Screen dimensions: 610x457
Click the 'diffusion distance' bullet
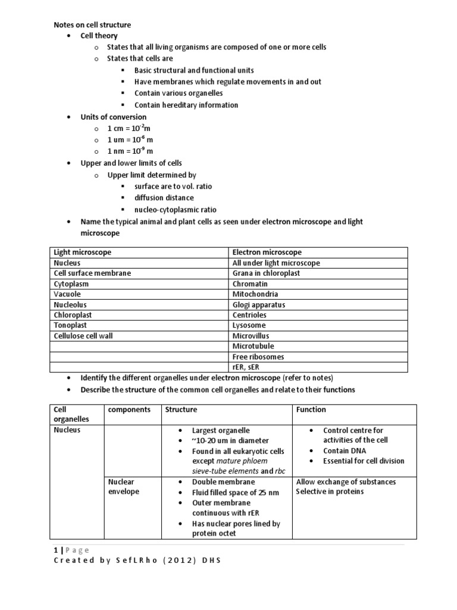[164, 198]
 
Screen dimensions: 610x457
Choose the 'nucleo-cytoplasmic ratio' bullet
[176, 210]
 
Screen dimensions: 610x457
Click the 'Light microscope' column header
[82, 253]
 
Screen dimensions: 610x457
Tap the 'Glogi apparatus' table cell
[259, 304]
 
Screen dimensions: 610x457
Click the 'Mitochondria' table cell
[255, 294]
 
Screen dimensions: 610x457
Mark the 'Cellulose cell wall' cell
[83, 336]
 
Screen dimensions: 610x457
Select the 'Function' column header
[311, 410]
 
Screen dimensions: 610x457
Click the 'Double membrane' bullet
[223, 482]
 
